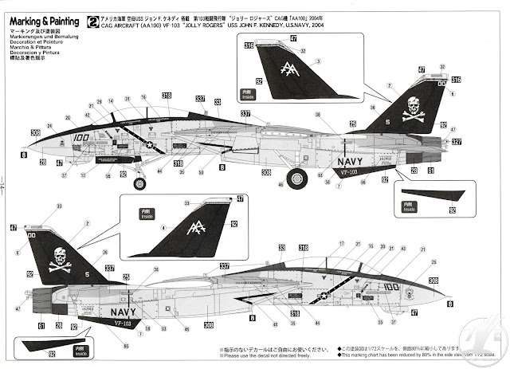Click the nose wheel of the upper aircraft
[140, 184]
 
